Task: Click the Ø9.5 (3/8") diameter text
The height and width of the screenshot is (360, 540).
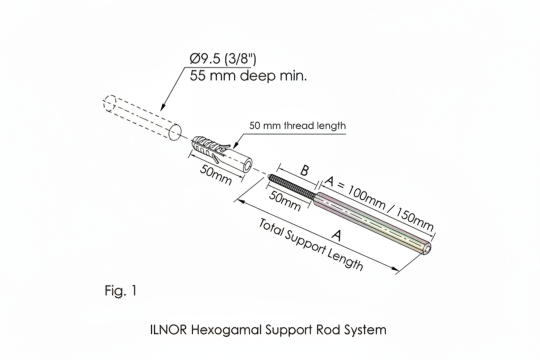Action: tap(222, 59)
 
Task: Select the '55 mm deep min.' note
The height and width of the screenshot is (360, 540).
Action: tap(248, 76)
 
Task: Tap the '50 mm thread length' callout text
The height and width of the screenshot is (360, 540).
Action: tap(297, 125)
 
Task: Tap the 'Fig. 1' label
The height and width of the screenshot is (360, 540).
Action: tap(120, 290)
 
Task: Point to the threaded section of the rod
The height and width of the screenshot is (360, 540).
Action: tap(292, 186)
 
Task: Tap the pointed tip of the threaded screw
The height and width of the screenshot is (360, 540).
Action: tap(269, 176)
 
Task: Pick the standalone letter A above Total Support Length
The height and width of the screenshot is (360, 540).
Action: tap(336, 235)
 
